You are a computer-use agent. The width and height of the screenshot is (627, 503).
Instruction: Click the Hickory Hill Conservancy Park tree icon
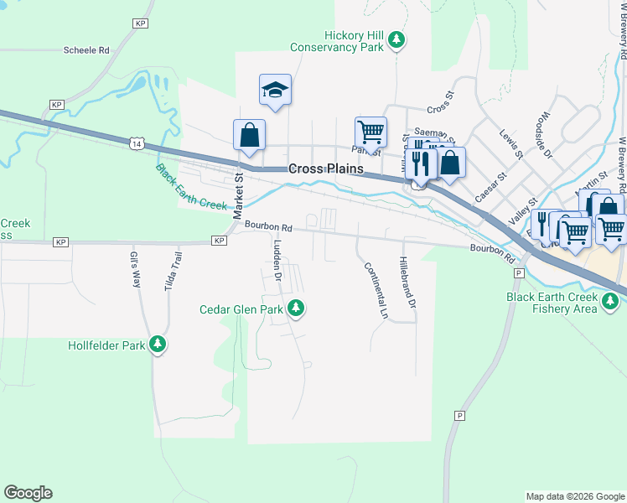pyautogui.click(x=399, y=39)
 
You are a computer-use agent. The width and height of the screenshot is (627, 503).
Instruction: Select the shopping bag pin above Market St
pyautogui.click(x=249, y=134)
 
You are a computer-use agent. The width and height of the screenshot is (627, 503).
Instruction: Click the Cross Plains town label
pyautogui.click(x=326, y=169)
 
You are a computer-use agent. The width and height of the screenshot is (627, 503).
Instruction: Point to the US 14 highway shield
pyautogui.click(x=137, y=144)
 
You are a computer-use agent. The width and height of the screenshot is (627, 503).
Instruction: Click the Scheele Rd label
pyautogui.click(x=87, y=50)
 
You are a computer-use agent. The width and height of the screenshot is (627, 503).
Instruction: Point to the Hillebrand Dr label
pyautogui.click(x=407, y=282)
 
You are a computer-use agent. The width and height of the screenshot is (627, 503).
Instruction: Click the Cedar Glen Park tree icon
pyautogui.click(x=295, y=309)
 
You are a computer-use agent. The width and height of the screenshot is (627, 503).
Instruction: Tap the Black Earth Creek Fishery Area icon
pyautogui.click(x=610, y=298)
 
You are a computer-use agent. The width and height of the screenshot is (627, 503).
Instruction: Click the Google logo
pyautogui.click(x=28, y=493)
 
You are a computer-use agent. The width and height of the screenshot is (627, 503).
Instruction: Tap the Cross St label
pyautogui.click(x=439, y=109)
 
